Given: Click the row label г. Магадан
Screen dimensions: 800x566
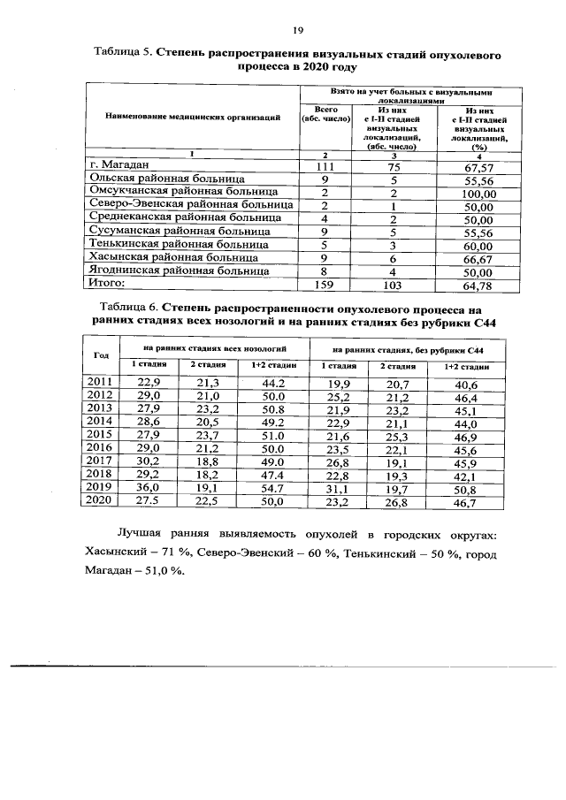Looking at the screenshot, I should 122,164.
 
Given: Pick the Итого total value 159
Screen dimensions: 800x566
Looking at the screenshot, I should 327,286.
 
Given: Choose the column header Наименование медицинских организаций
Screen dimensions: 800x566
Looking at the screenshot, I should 193,116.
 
